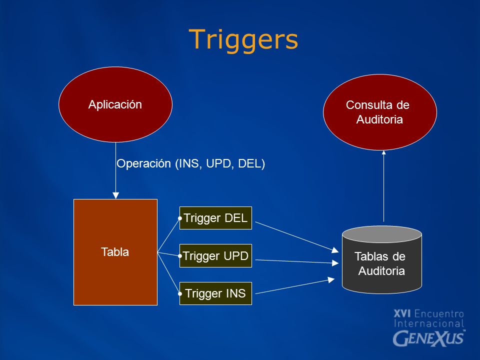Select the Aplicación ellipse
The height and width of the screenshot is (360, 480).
115,104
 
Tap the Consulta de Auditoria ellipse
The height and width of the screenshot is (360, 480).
380,112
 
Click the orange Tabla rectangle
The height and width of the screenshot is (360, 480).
115,252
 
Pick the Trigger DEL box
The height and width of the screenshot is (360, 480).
215,218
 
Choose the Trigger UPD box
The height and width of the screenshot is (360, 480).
215,255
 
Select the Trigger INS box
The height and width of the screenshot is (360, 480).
215,293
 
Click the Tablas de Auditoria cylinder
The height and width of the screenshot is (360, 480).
381,260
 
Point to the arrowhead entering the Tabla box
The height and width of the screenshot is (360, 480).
115,195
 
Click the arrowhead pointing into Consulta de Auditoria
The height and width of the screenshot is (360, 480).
383,152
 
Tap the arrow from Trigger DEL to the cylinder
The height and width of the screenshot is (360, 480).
296,237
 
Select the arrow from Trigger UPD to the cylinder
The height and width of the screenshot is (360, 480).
296,261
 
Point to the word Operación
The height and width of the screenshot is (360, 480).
143,164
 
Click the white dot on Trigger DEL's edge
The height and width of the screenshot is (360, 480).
180,218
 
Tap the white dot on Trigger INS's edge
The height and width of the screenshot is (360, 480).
180,294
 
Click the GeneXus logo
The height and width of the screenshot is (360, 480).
429,338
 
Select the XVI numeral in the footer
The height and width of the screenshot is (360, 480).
402,314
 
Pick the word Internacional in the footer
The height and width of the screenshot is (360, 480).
429,323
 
